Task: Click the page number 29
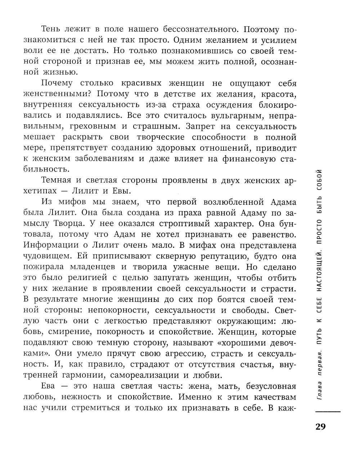[320, 427]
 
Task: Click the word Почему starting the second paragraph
[57, 83]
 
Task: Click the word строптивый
[184, 223]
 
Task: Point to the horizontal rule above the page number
[328, 411]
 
